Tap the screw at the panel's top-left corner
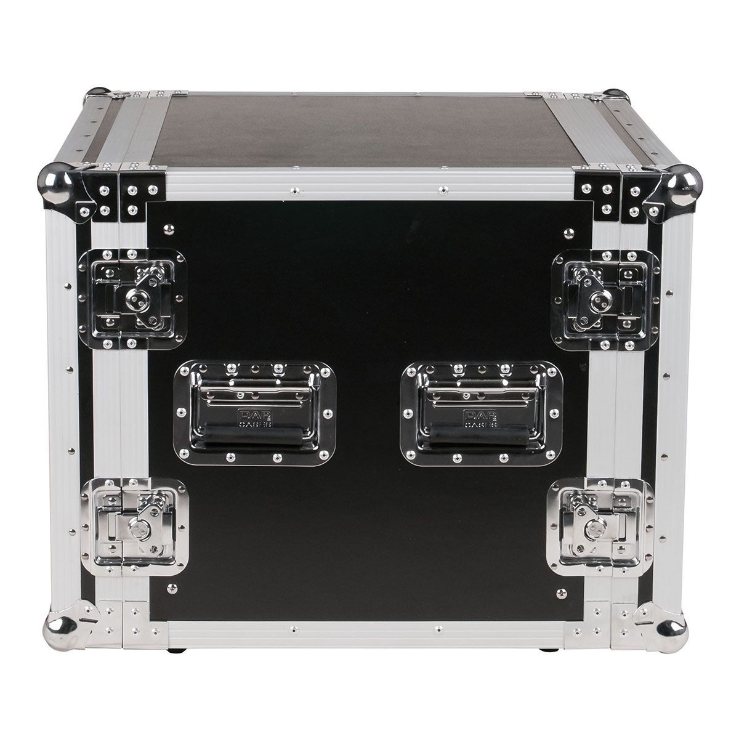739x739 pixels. tap(169, 230)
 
